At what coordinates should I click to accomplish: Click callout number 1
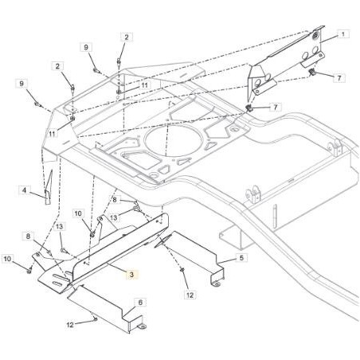(x=343, y=34)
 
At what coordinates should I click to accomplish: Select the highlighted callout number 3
(x=131, y=275)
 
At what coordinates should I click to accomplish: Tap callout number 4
(x=24, y=190)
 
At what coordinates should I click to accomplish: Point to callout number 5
(x=241, y=257)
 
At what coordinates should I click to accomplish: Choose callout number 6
(x=140, y=302)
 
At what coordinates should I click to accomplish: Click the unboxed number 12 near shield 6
(x=70, y=325)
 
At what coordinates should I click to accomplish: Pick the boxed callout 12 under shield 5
(x=190, y=295)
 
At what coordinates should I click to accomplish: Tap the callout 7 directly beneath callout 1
(x=339, y=78)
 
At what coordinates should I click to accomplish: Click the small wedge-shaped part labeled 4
(x=49, y=187)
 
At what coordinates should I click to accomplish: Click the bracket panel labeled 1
(x=287, y=61)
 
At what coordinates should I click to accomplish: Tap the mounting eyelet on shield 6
(x=143, y=327)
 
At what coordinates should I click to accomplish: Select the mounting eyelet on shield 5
(x=217, y=284)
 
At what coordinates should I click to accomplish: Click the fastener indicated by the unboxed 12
(x=95, y=319)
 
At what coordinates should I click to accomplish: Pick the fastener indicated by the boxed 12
(x=182, y=270)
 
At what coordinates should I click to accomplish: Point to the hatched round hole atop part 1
(x=315, y=35)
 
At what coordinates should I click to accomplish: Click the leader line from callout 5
(x=227, y=260)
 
